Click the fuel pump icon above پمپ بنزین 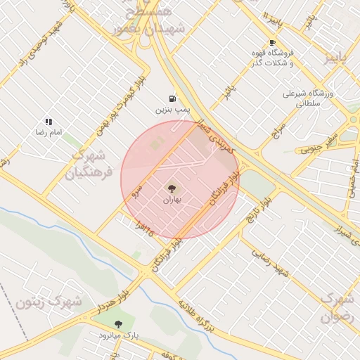172,98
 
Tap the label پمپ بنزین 172,110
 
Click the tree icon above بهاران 172,188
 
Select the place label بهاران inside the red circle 172,200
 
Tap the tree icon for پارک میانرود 117,324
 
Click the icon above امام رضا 49,122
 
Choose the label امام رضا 49,132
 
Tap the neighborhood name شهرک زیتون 49,303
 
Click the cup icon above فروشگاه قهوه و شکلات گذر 273,42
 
